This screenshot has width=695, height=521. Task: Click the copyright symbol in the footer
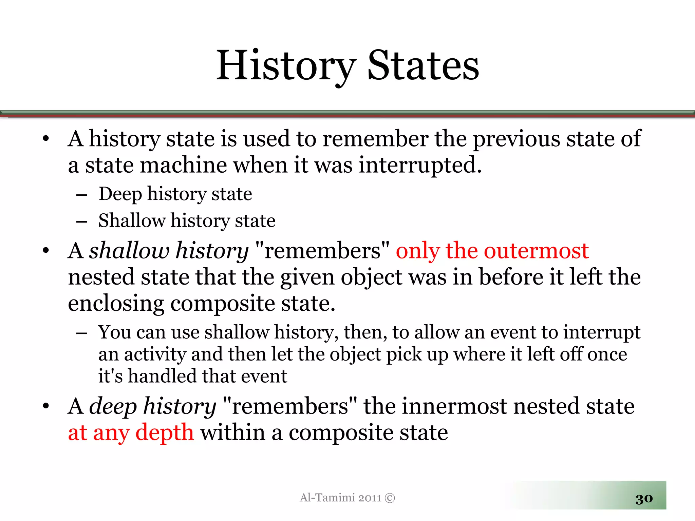tap(390, 498)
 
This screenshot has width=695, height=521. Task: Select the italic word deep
tap(112, 406)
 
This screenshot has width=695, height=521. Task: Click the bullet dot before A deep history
tap(46, 406)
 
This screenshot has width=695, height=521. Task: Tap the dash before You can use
tap(82, 333)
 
